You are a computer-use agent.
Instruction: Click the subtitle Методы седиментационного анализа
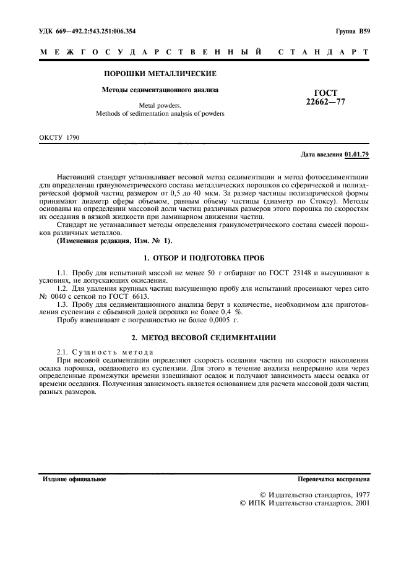click(160, 90)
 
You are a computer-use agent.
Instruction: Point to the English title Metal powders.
click(160, 106)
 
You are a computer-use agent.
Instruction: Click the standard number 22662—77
click(325, 102)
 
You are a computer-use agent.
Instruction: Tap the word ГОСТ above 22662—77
click(325, 93)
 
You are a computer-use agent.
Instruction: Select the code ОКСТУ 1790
click(59, 137)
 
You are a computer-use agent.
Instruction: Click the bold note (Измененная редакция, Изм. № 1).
click(115, 241)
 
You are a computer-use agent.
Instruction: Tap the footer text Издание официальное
click(74, 479)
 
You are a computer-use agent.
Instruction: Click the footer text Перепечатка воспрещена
click(334, 479)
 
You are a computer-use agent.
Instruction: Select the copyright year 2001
click(359, 504)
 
